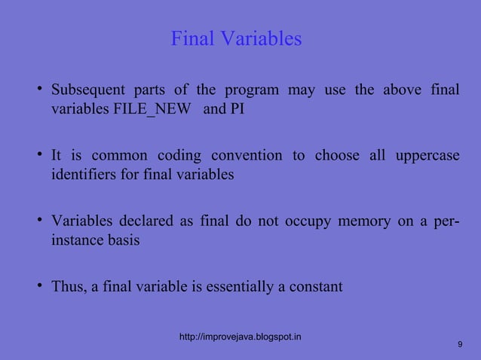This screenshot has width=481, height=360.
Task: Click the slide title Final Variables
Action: (x=236, y=38)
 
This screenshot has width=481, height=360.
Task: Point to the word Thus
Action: (x=69, y=287)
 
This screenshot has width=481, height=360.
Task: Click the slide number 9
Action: (x=460, y=344)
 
